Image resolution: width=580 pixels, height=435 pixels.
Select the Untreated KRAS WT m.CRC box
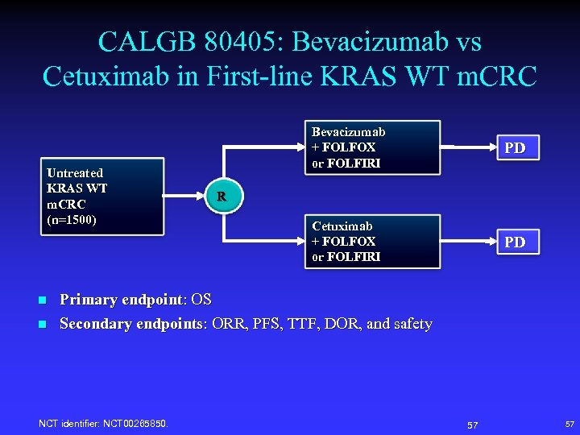point(101,196)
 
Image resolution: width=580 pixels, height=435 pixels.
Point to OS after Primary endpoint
point(201,300)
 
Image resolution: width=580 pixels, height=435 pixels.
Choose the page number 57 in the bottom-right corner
point(570,424)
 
